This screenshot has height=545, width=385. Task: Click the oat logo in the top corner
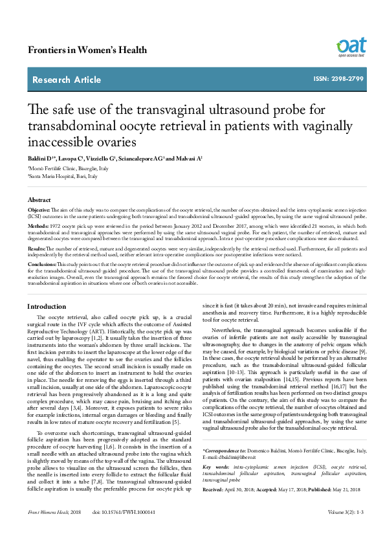coord(350,47)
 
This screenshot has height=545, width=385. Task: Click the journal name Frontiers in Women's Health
coord(84,50)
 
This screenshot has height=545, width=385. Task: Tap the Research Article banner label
coord(67,80)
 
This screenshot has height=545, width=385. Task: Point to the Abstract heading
coord(41,201)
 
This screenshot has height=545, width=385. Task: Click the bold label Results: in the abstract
coord(37,249)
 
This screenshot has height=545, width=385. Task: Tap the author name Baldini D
coord(41,159)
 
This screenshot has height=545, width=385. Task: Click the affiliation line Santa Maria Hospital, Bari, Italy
coord(63,176)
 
